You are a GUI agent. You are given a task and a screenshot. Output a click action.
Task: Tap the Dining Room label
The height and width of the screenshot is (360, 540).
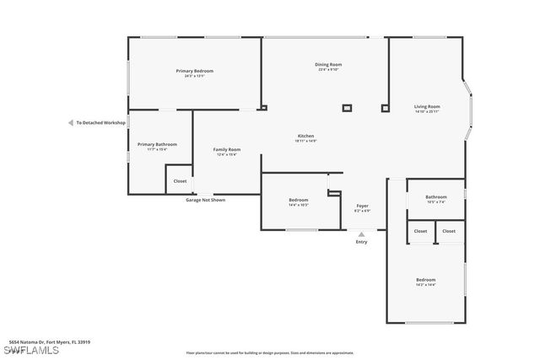pyautogui.click(x=329, y=65)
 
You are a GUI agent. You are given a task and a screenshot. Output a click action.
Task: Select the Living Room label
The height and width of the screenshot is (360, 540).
pyautogui.click(x=427, y=106)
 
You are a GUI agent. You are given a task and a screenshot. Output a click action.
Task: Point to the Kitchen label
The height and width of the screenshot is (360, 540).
pyautogui.click(x=305, y=136)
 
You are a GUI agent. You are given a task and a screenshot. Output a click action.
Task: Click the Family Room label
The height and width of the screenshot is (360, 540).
pyautogui.click(x=227, y=149)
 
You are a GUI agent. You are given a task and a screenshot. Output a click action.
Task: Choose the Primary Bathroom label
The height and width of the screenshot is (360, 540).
pyautogui.click(x=158, y=144)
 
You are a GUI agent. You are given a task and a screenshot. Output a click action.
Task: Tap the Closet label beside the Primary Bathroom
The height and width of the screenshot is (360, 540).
pyautogui.click(x=180, y=180)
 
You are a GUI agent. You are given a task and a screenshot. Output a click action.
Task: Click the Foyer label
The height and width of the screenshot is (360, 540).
pyautogui.click(x=362, y=206)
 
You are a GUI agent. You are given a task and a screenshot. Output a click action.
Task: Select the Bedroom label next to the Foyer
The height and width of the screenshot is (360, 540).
pyautogui.click(x=299, y=200)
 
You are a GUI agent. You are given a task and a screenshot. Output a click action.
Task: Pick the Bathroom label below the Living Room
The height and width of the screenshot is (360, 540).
pyautogui.click(x=435, y=197)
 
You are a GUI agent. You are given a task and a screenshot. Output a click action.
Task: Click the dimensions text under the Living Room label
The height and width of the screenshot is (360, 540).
pyautogui.click(x=427, y=111)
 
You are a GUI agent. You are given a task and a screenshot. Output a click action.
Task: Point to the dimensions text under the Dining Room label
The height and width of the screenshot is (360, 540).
pyautogui.click(x=329, y=70)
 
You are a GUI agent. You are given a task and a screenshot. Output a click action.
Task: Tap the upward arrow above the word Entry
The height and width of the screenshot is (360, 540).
pyautogui.click(x=362, y=234)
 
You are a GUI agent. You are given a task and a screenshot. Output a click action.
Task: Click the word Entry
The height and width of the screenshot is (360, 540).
pyautogui.click(x=362, y=242)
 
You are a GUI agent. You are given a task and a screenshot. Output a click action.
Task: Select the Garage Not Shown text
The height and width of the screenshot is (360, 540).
pyautogui.click(x=206, y=200)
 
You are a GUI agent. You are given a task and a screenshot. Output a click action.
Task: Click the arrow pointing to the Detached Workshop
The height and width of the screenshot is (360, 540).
pyautogui.click(x=71, y=122)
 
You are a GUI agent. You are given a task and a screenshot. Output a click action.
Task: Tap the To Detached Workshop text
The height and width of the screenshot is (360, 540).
pyautogui.click(x=100, y=122)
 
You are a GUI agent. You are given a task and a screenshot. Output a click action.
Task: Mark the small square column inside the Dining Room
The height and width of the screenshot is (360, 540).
pyautogui.click(x=346, y=108)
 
